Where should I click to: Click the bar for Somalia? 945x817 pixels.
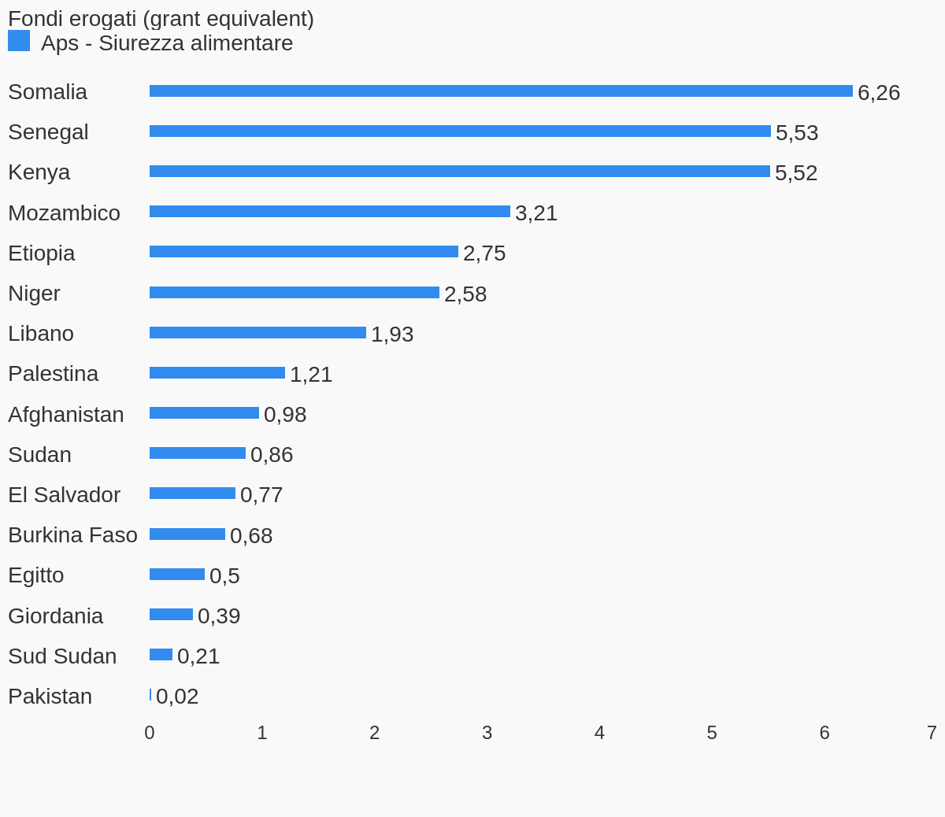(501, 91)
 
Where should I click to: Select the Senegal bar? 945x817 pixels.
(460, 131)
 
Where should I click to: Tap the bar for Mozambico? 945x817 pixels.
(330, 212)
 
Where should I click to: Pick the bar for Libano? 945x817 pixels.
(258, 333)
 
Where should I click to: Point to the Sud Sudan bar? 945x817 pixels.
(161, 655)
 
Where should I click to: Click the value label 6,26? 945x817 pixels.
(878, 93)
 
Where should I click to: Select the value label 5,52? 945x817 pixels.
(795, 173)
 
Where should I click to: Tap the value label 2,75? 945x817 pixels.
(484, 253)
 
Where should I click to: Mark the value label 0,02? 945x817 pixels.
(176, 697)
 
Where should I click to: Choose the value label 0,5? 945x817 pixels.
(224, 576)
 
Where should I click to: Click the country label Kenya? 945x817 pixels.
(39, 172)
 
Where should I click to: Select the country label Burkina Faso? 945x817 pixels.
(72, 535)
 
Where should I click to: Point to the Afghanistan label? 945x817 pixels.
(65, 415)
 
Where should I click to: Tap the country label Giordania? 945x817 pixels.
(55, 616)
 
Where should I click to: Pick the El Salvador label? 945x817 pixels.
(64, 495)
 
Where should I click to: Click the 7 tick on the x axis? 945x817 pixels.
(932, 733)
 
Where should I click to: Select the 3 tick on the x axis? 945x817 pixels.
(487, 733)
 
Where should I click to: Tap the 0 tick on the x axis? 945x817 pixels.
(150, 733)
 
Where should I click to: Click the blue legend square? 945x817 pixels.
(19, 41)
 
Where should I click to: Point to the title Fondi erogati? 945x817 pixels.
(161, 19)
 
